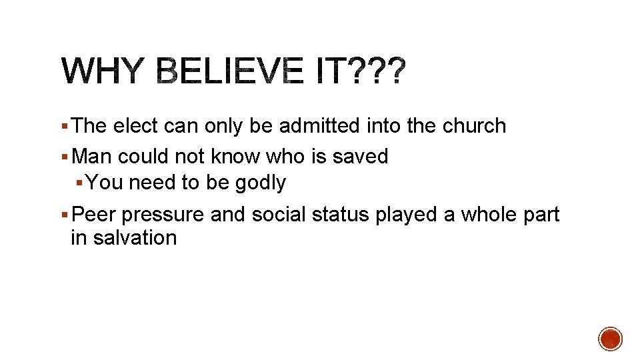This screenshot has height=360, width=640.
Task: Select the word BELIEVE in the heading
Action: (x=231, y=71)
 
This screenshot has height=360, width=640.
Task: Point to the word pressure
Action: (x=163, y=216)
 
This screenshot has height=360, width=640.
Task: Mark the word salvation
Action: (x=135, y=238)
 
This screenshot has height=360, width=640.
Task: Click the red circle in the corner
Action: (x=610, y=339)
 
